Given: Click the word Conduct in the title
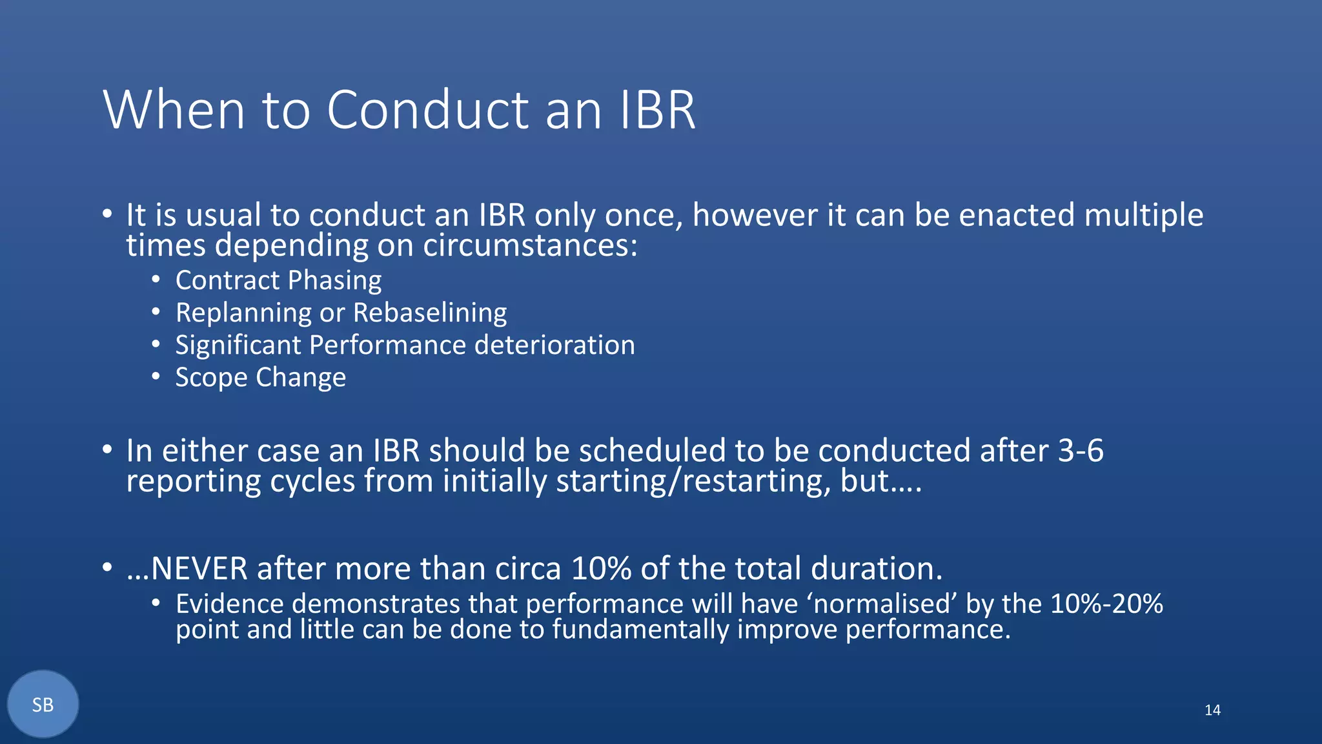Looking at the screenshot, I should pos(428,110).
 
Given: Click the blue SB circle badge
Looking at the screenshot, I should pos(43,705).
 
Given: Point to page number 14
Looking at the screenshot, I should pos(1212,710).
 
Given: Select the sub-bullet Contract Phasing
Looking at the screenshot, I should pos(278,280).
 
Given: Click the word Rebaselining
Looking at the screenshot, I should pos(430,313).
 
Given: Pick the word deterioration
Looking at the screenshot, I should pos(554,345).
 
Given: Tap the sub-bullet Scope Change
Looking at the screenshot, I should pos(260,377).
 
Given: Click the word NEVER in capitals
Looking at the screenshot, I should pos(199,569).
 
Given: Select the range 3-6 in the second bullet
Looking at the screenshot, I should pos(1081,451).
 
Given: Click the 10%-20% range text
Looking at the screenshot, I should pos(1106,604).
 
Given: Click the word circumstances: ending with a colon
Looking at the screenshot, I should pos(530,246).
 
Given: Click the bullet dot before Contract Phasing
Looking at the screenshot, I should pos(156,280).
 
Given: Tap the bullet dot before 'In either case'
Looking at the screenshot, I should pos(107,450).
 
